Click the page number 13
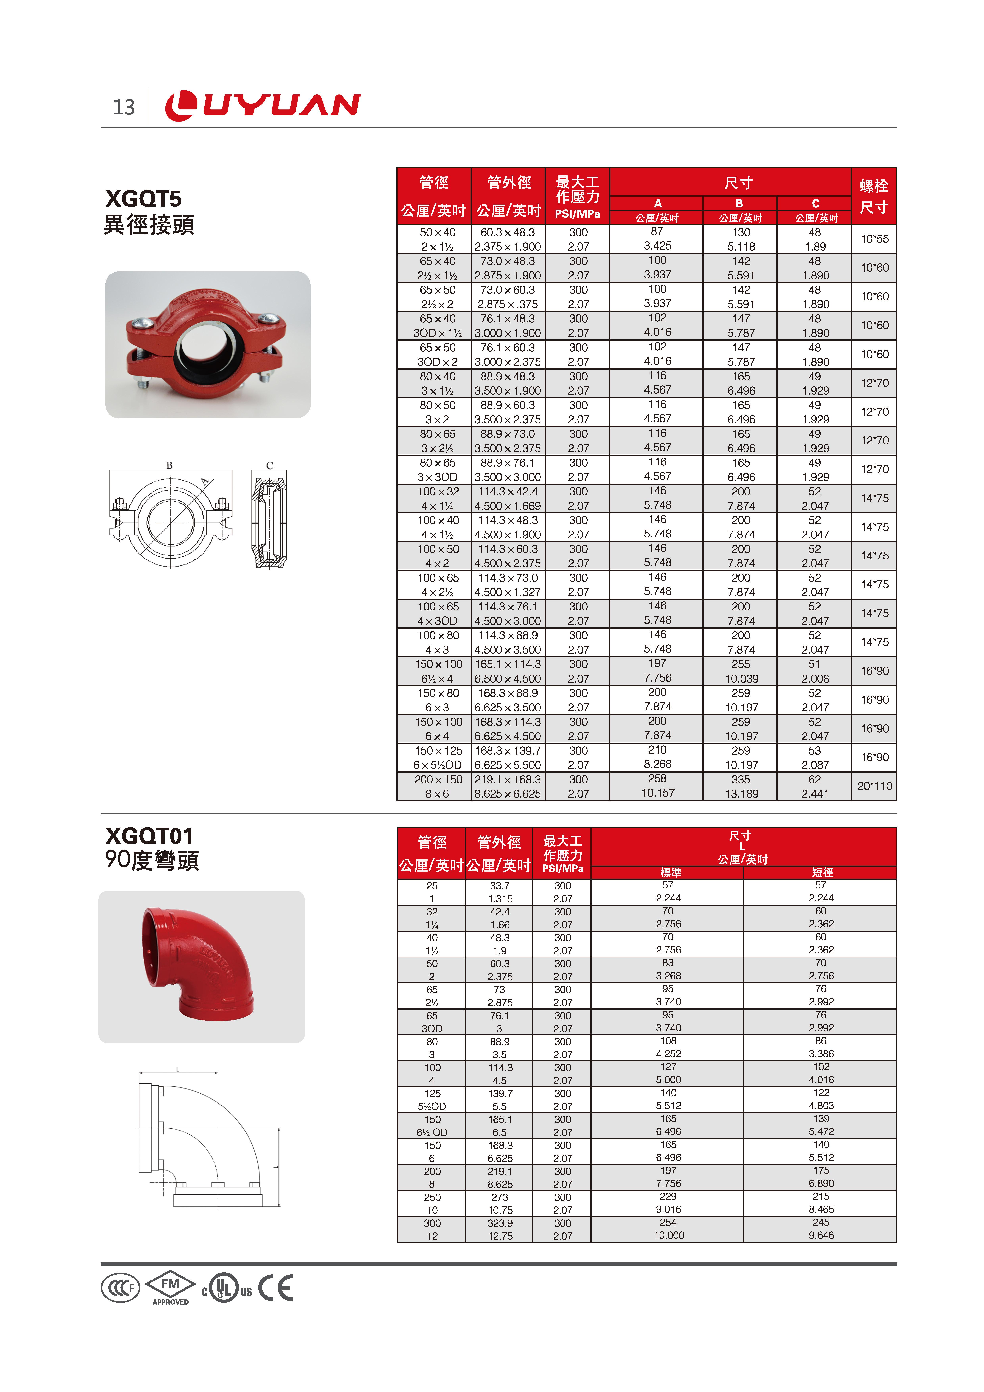click(124, 107)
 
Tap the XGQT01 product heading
click(149, 836)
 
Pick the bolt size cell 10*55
click(874, 239)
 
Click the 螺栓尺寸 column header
click(874, 196)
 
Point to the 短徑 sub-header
click(822, 872)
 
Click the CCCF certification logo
click(120, 1288)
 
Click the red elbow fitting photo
click(201, 966)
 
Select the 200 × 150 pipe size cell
click(438, 780)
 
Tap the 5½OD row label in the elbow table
click(432, 1106)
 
